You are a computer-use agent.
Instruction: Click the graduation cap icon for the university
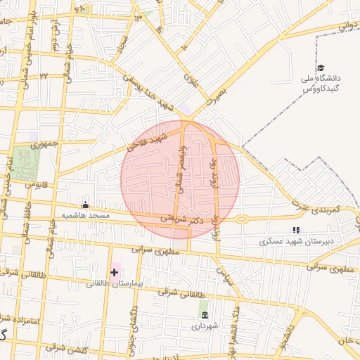coord(321,67)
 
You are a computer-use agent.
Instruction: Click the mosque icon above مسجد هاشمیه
coord(86,205)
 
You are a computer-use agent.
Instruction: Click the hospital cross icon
coord(114,271)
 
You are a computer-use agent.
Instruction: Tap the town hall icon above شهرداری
coord(205,314)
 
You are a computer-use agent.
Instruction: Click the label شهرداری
coord(205,326)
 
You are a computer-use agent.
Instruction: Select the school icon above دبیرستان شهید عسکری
coord(296,229)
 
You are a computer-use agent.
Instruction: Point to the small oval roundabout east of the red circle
coord(242,219)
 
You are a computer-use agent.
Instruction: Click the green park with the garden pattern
coord(26,162)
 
